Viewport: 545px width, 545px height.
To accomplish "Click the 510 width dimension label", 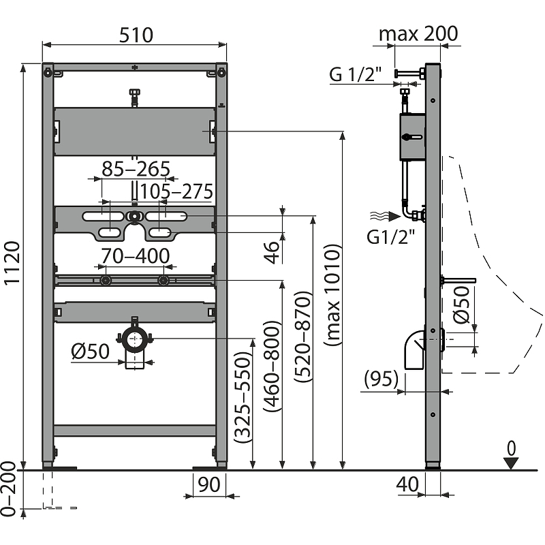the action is [136, 35].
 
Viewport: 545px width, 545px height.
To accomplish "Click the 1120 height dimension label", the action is [12, 263].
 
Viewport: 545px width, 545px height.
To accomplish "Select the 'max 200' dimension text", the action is [418, 33].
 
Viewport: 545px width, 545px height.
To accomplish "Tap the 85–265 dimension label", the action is [136, 169].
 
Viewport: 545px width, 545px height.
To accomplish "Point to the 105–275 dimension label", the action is [176, 191].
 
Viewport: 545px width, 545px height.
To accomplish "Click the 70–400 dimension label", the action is [135, 256].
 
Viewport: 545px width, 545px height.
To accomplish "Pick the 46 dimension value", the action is [272, 252].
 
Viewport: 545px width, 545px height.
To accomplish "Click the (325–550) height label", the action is [243, 397].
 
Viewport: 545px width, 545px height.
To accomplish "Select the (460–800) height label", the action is [272, 367].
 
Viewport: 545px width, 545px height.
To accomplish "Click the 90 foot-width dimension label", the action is [209, 484].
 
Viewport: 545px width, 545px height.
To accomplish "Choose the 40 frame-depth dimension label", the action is [407, 484].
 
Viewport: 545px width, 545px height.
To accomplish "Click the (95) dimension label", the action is [381, 379].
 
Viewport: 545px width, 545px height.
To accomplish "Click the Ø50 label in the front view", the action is [91, 351].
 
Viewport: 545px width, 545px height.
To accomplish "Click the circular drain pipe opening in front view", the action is [134, 339].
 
